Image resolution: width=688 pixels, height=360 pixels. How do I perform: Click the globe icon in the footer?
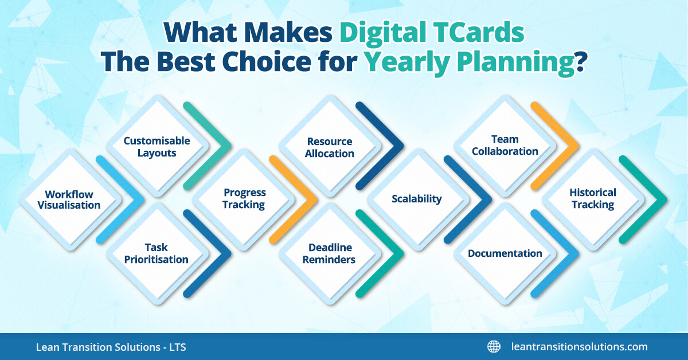coord(494,346)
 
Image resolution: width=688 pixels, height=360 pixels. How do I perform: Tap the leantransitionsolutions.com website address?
coord(579,347)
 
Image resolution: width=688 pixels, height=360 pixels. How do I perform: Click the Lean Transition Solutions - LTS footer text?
coord(111,347)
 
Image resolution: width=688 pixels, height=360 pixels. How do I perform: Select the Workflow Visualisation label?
coord(69,199)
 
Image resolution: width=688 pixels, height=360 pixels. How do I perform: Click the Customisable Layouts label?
coord(157,147)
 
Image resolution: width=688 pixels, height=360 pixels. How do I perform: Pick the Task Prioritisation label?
coord(157,253)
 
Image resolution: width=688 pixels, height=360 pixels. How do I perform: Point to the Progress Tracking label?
coord(244,198)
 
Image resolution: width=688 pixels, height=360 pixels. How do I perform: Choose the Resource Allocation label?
coord(330,147)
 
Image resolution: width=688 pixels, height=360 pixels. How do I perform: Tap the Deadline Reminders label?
coord(329,253)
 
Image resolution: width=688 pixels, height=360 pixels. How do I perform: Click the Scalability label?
coord(417,199)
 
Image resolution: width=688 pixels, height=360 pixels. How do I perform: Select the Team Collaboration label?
coord(505,145)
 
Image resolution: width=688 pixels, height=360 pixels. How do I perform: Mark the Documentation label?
coord(505,253)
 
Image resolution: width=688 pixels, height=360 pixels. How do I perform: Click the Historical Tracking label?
coord(593,198)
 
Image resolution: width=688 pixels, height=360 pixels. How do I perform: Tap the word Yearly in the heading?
coord(407,62)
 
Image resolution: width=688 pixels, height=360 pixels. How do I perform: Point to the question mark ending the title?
coord(580,62)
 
